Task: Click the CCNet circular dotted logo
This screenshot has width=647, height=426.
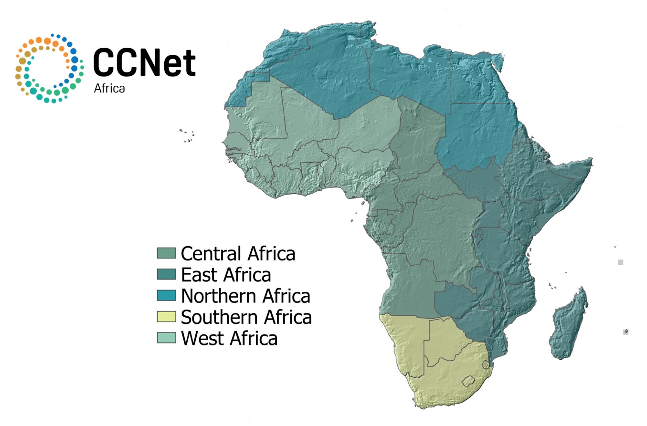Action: coord(49,68)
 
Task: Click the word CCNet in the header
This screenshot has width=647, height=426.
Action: coord(144,63)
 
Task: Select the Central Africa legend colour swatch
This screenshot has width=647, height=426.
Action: coord(167,253)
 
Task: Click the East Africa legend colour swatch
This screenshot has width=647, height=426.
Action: coord(167,274)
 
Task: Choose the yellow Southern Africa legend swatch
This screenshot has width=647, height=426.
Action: coord(167,317)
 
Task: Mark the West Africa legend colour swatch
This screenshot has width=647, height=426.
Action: coord(167,338)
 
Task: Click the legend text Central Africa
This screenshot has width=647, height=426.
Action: coord(238,253)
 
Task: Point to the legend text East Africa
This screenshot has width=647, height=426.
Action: coord(226,275)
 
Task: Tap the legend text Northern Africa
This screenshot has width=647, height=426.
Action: coord(246,296)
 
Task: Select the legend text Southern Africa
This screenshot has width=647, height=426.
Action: coord(246,317)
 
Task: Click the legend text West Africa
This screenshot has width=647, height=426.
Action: coord(229,338)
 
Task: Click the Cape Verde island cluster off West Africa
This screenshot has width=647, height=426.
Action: coord(187,135)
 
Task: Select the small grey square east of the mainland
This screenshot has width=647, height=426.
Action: coord(620,262)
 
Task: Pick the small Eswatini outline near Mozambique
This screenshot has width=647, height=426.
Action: coord(486,365)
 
